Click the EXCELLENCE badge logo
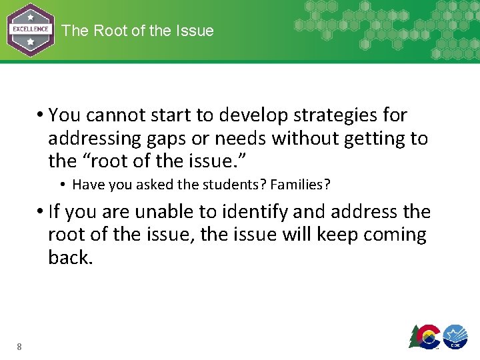coord(31,30)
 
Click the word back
coord(70,257)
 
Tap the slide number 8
coord(19,346)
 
